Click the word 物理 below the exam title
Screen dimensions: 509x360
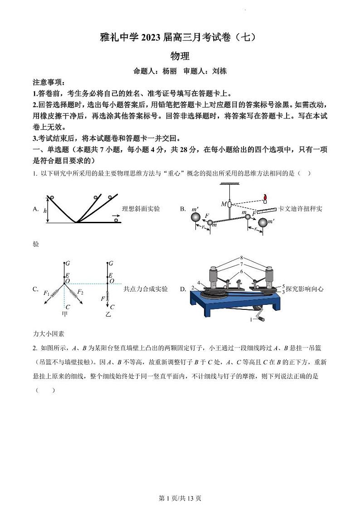pyautogui.click(x=180, y=56)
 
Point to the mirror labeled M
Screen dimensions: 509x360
pyautogui.click(x=229, y=205)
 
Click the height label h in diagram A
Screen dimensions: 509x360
pyautogui.click(x=45, y=211)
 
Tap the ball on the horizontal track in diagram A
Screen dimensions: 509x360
pyautogui.click(x=117, y=220)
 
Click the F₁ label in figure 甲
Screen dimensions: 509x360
pyautogui.click(x=46, y=294)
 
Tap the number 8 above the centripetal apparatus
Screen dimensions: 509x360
pyautogui.click(x=242, y=257)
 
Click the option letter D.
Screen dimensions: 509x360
pyautogui.click(x=182, y=289)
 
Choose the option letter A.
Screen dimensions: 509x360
pyautogui.click(x=36, y=209)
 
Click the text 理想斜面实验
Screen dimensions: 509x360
pyautogui.click(x=141, y=209)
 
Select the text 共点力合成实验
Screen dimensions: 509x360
pyautogui.click(x=146, y=289)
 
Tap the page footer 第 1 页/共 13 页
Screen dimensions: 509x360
pyautogui.click(x=180, y=498)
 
